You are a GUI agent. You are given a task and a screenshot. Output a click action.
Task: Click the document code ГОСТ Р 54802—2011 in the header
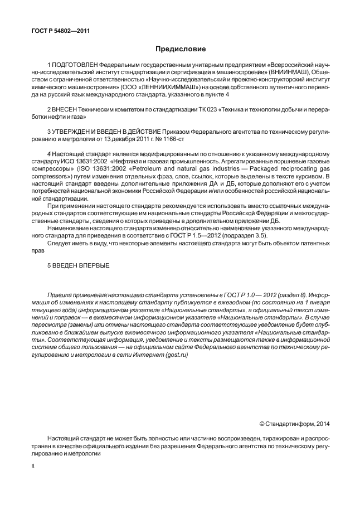(x=59, y=31)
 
